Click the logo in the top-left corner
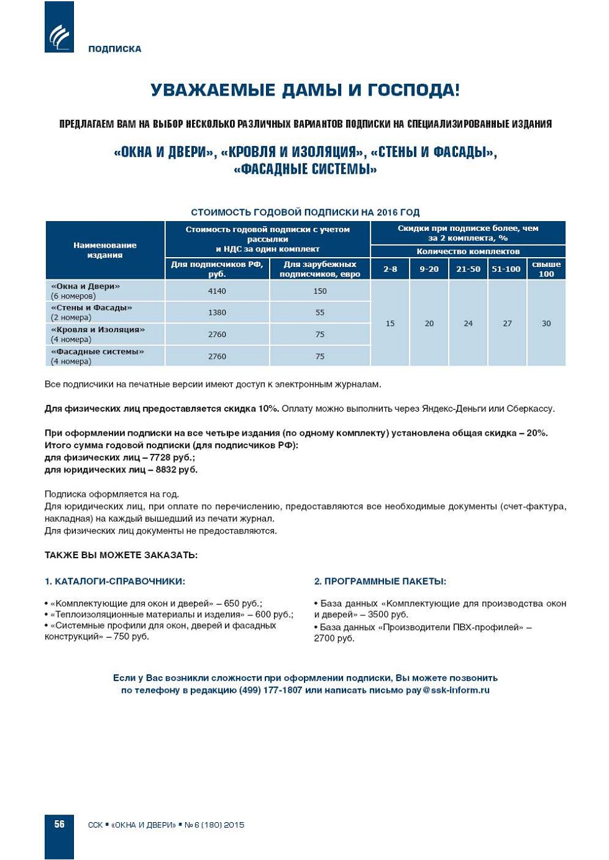click(x=59, y=27)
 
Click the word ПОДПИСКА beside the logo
click(x=115, y=49)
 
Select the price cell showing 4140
click(x=217, y=291)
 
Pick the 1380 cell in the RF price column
click(x=217, y=312)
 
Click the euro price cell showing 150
click(x=320, y=291)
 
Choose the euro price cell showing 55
click(x=320, y=312)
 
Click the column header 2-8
click(x=390, y=269)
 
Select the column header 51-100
click(x=506, y=269)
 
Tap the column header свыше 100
click(x=546, y=269)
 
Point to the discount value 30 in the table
click(x=546, y=324)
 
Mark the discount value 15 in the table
click(x=390, y=324)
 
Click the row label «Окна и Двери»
click(x=85, y=286)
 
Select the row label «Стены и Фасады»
click(x=91, y=308)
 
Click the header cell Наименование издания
click(x=105, y=250)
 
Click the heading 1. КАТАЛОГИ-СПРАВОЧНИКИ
click(x=115, y=581)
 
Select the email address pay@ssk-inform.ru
click(x=448, y=690)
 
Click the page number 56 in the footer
click(x=60, y=824)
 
